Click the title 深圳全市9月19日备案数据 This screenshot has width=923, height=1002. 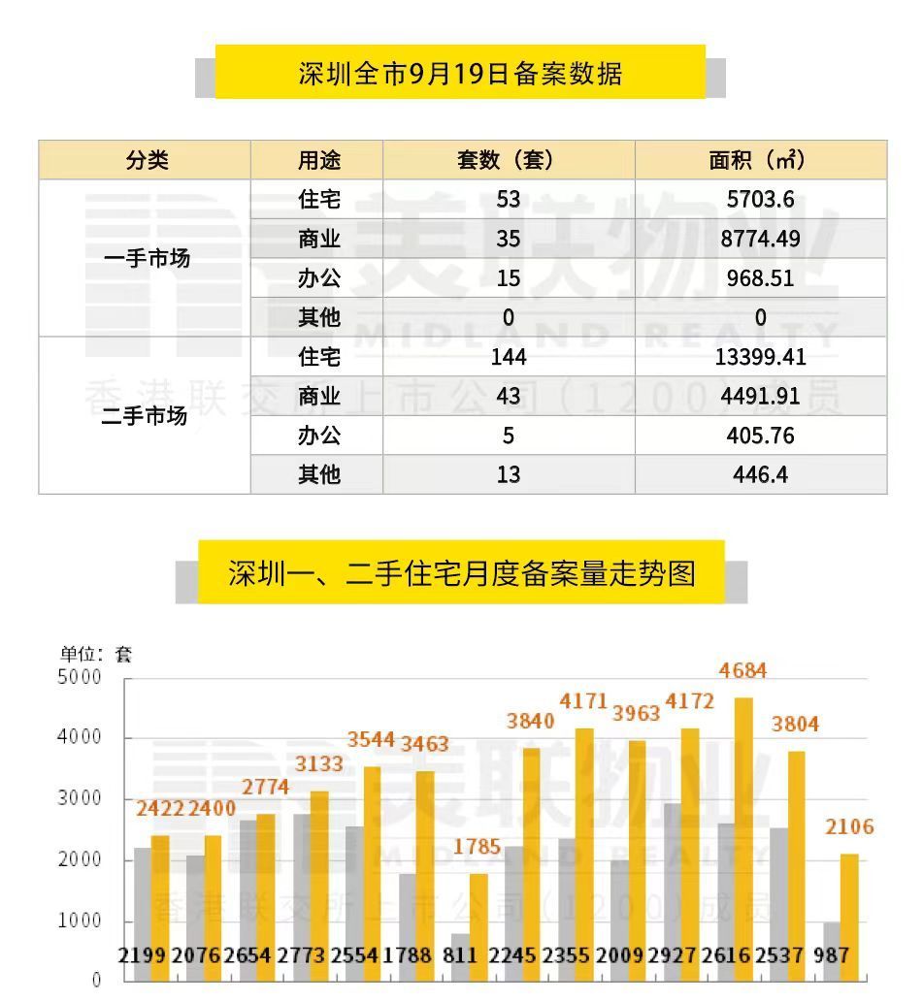coord(460,74)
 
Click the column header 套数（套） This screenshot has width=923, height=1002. coord(508,160)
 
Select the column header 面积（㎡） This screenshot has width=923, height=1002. coord(759,160)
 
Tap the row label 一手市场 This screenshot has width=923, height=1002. coord(147,259)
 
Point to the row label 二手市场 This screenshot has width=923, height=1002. coord(145,416)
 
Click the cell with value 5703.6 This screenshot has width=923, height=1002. coord(760,200)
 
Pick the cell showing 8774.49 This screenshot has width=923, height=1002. coord(760,239)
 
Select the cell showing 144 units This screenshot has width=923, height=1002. coord(508,357)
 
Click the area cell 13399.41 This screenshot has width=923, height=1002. coord(760,357)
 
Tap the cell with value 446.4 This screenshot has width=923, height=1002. coord(760,474)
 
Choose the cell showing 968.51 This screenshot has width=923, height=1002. coord(760,278)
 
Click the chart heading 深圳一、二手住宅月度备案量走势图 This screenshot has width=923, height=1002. coord(462,572)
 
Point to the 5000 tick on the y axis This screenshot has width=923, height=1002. coord(82,677)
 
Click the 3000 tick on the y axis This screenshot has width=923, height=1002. coord(82,798)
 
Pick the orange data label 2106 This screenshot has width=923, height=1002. coord(849,827)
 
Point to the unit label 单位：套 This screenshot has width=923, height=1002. coord(96,654)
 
